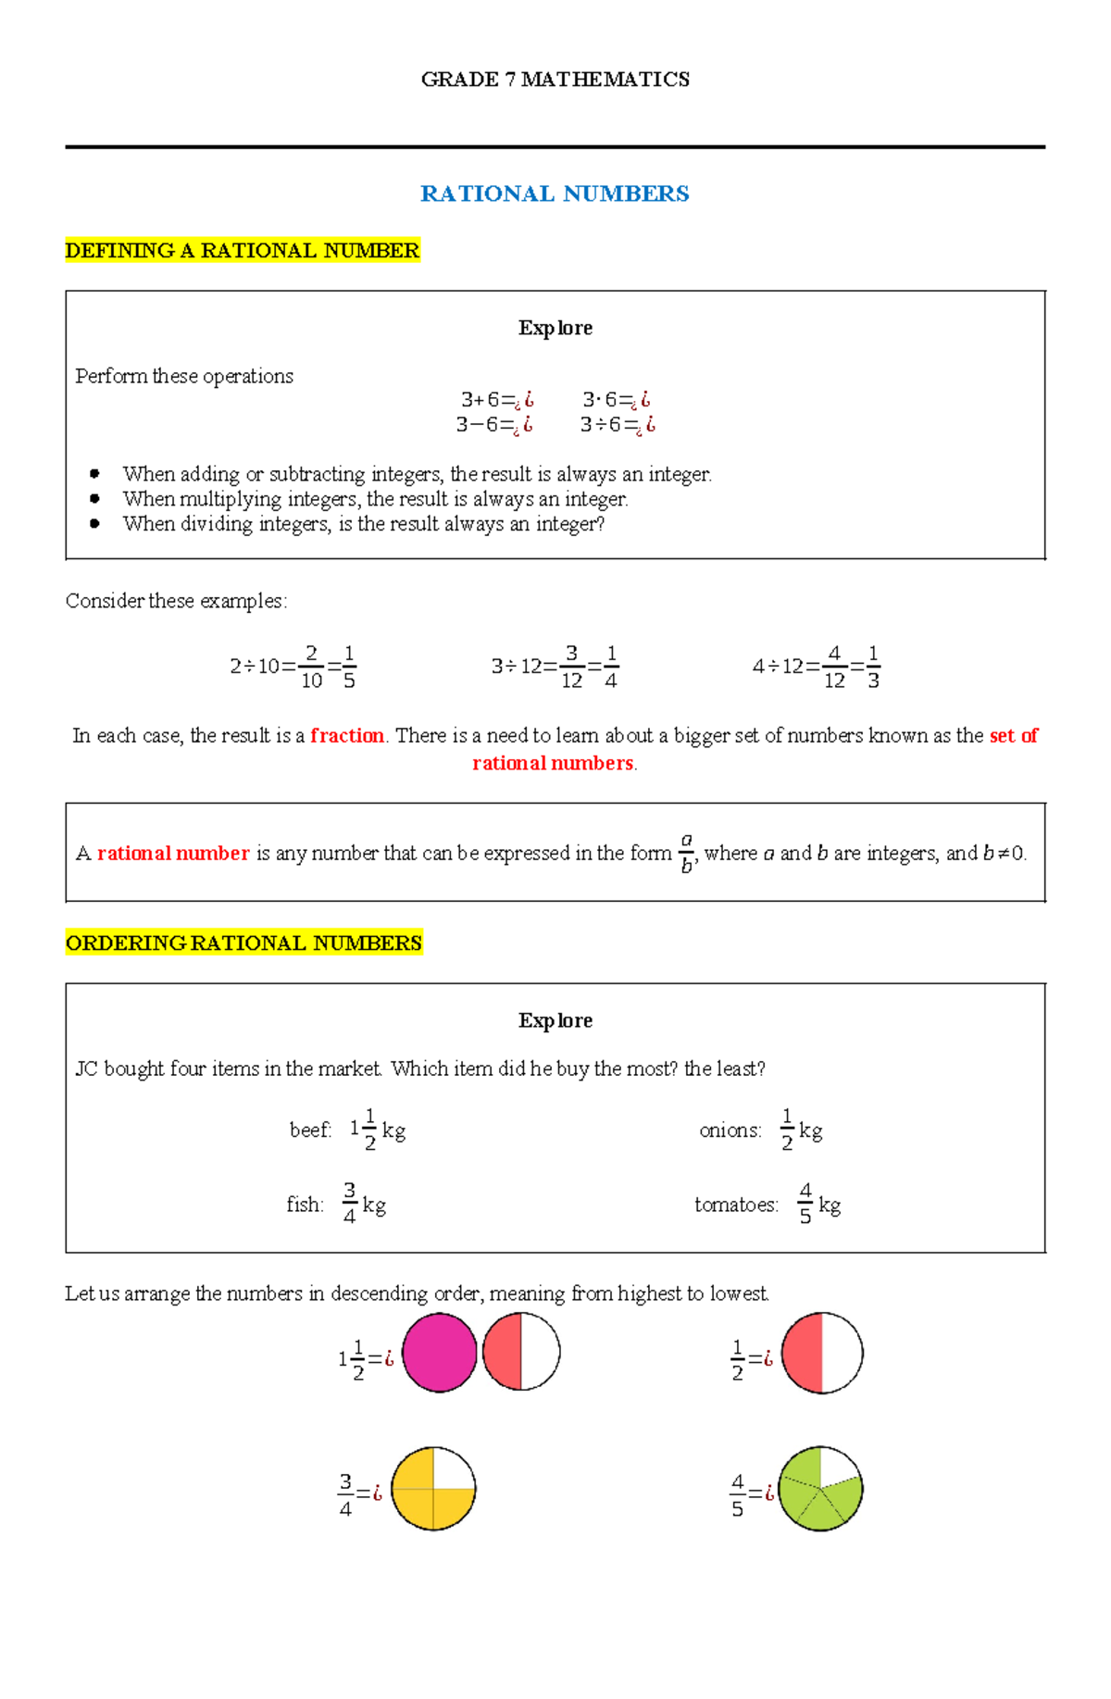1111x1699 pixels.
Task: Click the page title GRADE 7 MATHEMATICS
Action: tap(555, 80)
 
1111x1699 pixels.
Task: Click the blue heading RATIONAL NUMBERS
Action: tap(555, 194)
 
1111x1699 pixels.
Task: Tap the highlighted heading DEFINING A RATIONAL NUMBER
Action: tap(243, 251)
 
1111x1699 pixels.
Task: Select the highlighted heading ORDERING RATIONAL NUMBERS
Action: tap(243, 943)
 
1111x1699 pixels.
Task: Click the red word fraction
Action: tap(347, 736)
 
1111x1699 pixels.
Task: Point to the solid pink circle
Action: tap(439, 1353)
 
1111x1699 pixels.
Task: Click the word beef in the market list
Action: tap(309, 1131)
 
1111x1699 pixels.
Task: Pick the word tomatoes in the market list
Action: tap(736, 1206)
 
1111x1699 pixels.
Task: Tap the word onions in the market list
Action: tap(730, 1131)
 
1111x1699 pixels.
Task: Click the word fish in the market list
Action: tap(305, 1206)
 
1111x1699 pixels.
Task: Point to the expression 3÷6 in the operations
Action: tap(601, 425)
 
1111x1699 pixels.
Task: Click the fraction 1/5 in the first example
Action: tap(349, 668)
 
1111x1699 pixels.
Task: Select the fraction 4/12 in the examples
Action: tap(834, 668)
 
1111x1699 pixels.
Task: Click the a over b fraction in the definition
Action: tap(686, 853)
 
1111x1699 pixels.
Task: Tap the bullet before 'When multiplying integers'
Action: tap(94, 499)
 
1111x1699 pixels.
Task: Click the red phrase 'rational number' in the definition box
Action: tap(173, 854)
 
